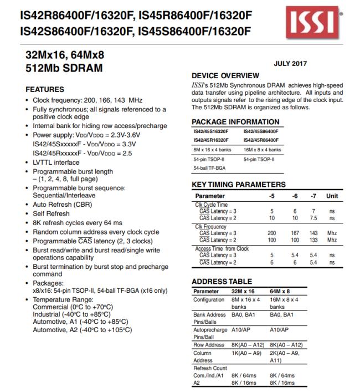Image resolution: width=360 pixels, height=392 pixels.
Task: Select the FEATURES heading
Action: coord(45,89)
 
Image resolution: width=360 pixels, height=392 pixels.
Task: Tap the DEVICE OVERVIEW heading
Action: coord(225,75)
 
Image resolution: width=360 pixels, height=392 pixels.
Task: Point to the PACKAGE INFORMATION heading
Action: coord(235,122)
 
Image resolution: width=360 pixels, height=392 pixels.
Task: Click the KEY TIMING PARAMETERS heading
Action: coord(239,185)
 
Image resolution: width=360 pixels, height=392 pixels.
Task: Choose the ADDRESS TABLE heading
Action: coord(222,282)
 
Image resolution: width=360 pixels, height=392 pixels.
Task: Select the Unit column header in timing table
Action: coord(332,196)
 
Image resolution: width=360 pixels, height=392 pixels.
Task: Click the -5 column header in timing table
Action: coord(272,196)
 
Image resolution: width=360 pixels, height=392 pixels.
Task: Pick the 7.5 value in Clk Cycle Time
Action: coord(314,218)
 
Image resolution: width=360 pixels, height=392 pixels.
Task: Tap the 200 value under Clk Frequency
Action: coord(272,233)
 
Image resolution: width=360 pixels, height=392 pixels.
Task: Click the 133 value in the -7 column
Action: coord(314,240)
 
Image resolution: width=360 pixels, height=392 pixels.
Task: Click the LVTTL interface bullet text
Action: coord(56,162)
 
